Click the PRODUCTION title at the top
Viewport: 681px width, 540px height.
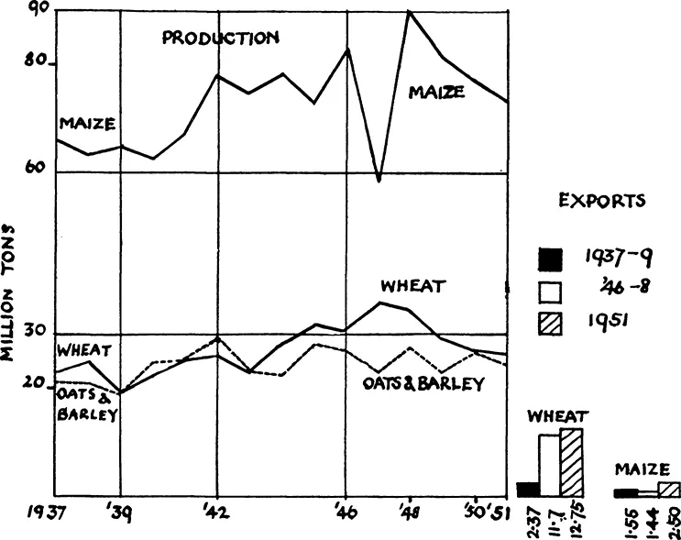click(x=220, y=39)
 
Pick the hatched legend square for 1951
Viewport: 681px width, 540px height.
click(x=549, y=324)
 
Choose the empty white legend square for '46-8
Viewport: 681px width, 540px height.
click(x=549, y=291)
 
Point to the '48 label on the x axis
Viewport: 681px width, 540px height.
click(x=409, y=511)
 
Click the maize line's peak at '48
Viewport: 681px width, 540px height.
click(x=409, y=12)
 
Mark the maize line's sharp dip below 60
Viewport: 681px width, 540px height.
click(x=379, y=180)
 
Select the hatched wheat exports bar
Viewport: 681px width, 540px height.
click(x=572, y=462)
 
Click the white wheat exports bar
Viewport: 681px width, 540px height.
click(x=549, y=466)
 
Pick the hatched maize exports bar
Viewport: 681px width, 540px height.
click(x=670, y=490)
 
